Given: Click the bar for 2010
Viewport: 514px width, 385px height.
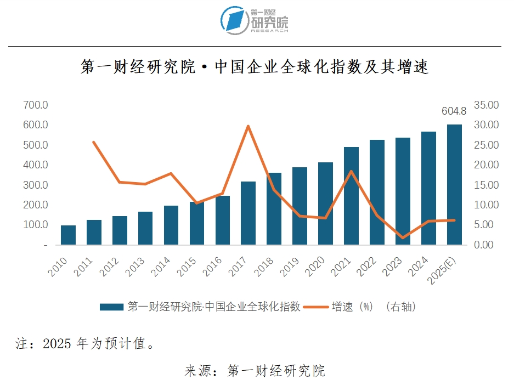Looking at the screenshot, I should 68,235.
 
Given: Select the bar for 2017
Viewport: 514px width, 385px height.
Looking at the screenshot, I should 248,213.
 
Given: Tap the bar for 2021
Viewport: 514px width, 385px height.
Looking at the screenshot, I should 351,196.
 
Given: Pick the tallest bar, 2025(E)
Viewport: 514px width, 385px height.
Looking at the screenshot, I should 454,184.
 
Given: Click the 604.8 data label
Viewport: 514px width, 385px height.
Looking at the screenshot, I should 454,111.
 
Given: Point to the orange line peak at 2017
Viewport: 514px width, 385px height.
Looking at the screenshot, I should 248,126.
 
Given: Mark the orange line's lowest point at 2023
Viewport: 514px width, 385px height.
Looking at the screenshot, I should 403,238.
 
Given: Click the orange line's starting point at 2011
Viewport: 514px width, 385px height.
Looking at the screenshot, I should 94,142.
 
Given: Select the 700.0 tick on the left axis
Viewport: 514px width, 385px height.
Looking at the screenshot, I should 36,105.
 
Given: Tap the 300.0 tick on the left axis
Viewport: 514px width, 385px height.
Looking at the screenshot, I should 36,185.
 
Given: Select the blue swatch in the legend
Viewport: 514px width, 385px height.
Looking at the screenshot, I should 111,307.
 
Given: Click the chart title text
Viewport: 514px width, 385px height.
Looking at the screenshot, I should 255,67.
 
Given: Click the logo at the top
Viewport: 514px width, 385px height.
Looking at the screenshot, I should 255,20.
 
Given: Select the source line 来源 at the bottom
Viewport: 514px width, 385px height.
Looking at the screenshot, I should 255,371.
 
